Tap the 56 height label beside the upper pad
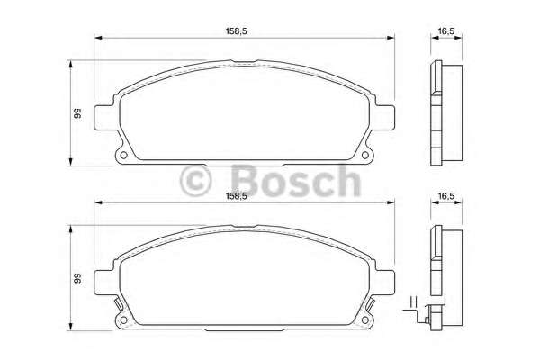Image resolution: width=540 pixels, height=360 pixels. [x=78, y=114]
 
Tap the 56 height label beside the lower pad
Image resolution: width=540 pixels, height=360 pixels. [x=78, y=280]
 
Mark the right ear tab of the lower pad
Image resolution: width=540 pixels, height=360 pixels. [x=388, y=281]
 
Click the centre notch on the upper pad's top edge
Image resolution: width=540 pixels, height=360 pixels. [x=243, y=64]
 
